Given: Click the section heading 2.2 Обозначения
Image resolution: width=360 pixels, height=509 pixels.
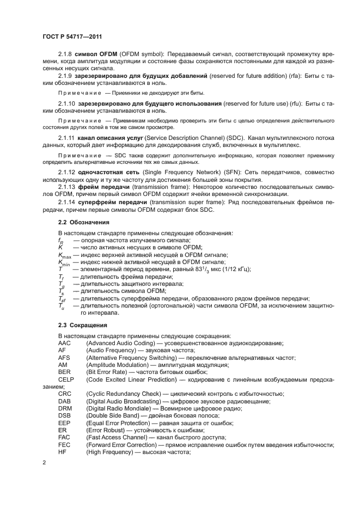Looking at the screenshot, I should tap(84, 222).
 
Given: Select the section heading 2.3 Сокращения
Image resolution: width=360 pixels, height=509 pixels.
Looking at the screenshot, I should tap(83, 325).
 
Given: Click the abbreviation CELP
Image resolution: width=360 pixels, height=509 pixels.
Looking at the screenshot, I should tap(66, 379).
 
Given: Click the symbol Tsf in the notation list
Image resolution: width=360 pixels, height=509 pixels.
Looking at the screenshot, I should tap(62, 299).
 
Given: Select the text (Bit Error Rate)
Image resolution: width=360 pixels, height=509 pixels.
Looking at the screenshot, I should tap(108, 372).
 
